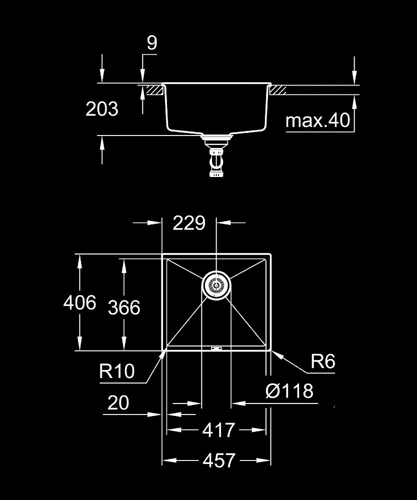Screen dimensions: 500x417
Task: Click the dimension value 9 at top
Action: pyautogui.click(x=151, y=43)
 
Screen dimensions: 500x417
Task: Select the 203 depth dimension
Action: pyautogui.click(x=102, y=108)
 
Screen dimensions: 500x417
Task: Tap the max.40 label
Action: pyautogui.click(x=318, y=121)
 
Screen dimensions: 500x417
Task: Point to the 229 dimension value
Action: pyautogui.click(x=189, y=223)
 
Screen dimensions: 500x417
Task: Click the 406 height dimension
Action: pyautogui.click(x=79, y=302)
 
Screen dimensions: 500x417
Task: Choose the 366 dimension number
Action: pyautogui.click(x=124, y=307)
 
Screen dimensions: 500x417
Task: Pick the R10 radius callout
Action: pyautogui.click(x=117, y=371)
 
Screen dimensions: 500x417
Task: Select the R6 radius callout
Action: pyautogui.click(x=322, y=361)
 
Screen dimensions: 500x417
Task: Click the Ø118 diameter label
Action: pyautogui.click(x=289, y=391)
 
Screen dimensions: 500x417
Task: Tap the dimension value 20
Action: pyautogui.click(x=118, y=402)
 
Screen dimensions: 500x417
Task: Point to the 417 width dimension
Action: pyautogui.click(x=219, y=429)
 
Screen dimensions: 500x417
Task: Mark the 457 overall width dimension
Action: pyautogui.click(x=219, y=460)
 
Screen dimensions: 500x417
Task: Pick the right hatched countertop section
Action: pyautogui.click(x=277, y=90)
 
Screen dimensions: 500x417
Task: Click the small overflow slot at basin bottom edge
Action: pyautogui.click(x=216, y=348)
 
